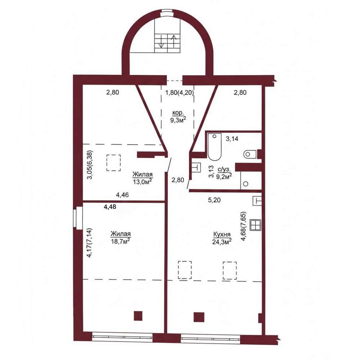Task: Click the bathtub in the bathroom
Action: (215, 147)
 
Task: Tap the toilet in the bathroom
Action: (250, 154)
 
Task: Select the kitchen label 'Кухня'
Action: (222, 234)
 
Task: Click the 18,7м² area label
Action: (121, 241)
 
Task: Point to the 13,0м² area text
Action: (143, 181)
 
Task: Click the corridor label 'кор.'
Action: (178, 113)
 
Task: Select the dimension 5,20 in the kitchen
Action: (214, 200)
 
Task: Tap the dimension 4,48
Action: (110, 207)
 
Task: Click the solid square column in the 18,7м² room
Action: (138, 316)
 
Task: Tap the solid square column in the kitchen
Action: (199, 317)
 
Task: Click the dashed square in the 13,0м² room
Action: (114, 163)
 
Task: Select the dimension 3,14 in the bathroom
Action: (232, 139)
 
